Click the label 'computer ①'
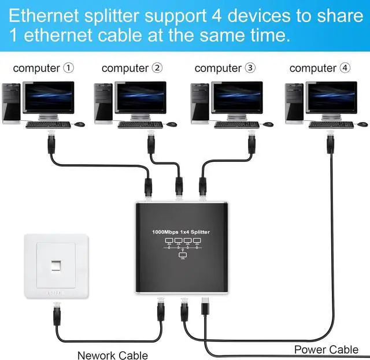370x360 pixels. pyautogui.click(x=43, y=68)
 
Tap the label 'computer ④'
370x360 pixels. pyautogui.click(x=320, y=68)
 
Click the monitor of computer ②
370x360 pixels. pyautogui.click(x=140, y=98)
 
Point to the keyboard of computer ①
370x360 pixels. pyautogui.click(x=48, y=124)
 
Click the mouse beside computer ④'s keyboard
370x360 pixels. pyautogui.click(x=362, y=124)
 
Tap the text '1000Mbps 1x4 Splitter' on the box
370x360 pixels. pyautogui.click(x=182, y=232)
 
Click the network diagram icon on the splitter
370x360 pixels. pyautogui.click(x=182, y=247)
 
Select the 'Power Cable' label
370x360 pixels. pyautogui.click(x=326, y=349)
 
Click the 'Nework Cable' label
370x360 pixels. pyautogui.click(x=113, y=355)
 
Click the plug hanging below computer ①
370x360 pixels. pyautogui.click(x=51, y=142)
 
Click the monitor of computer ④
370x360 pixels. pyautogui.click(x=331, y=98)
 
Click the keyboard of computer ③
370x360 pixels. pyautogui.click(x=236, y=124)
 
